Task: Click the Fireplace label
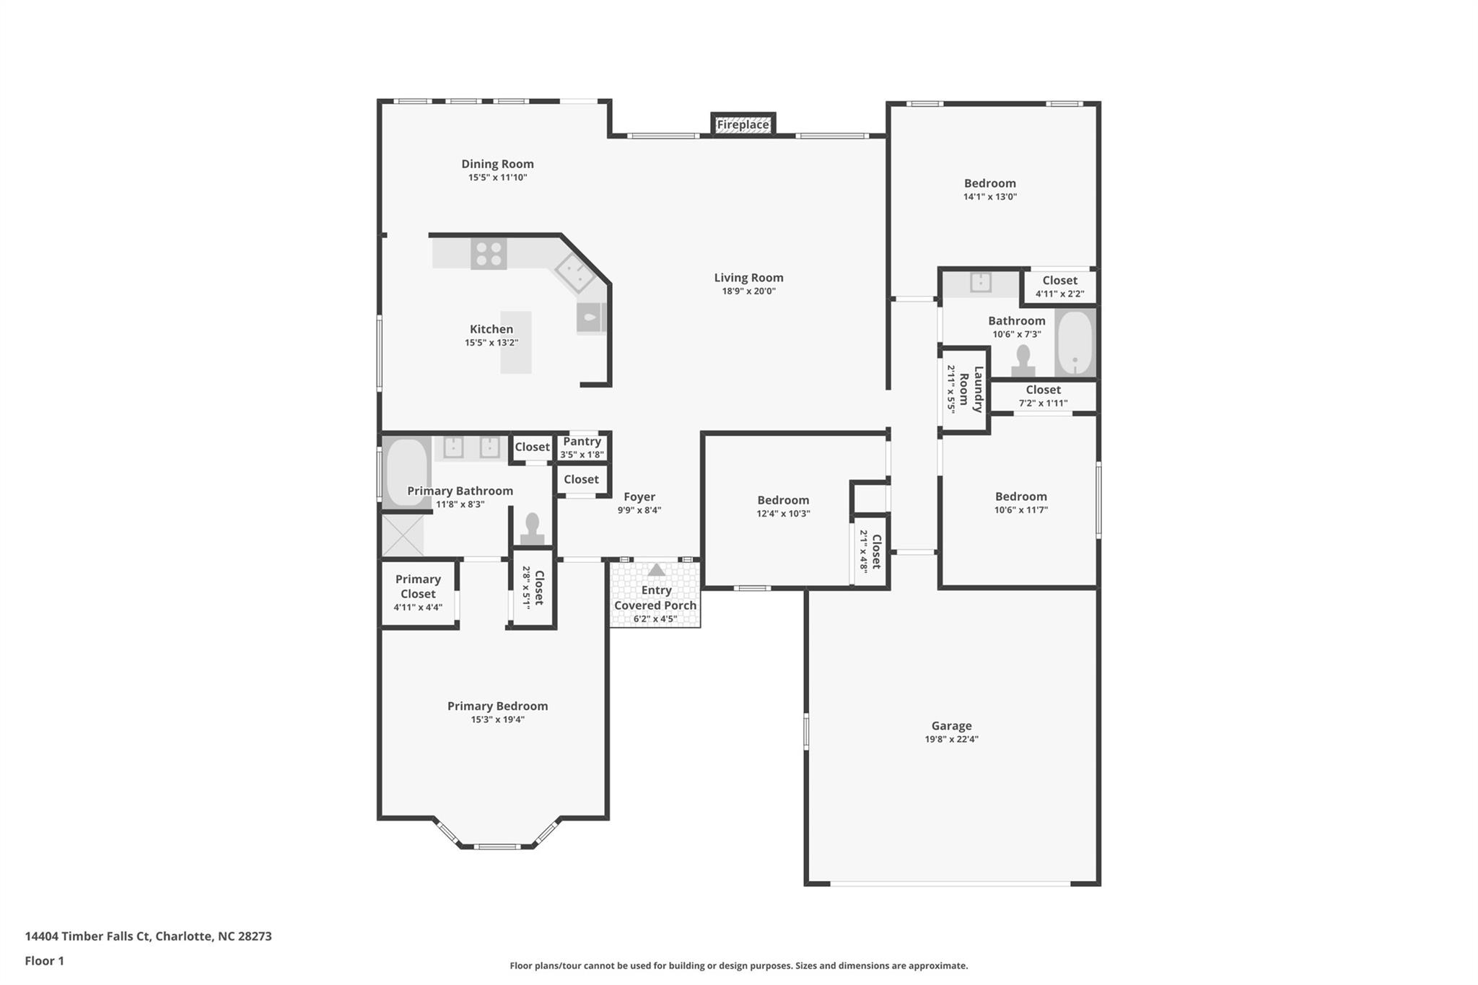coord(743,125)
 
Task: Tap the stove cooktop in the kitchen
coord(489,254)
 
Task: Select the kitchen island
coord(516,342)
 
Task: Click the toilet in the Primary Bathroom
coord(533,529)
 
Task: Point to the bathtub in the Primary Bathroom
coord(406,472)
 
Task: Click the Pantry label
coord(582,442)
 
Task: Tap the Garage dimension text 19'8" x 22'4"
coord(951,739)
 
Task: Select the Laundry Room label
coord(971,390)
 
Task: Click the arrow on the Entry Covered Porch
coord(656,570)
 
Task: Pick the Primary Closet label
coord(418,587)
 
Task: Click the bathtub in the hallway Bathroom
coord(1075,343)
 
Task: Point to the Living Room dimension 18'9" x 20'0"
coord(748,292)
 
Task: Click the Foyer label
coord(639,497)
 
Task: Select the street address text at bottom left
coord(148,937)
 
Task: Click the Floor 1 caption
coord(44,961)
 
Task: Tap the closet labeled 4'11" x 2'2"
coord(1059,286)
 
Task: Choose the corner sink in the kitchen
coord(574,273)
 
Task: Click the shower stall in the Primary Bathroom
coord(402,535)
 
